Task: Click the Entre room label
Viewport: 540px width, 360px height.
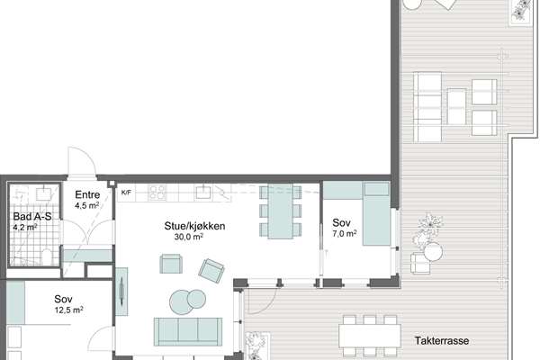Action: point(87,194)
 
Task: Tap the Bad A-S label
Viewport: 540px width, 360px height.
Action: point(32,216)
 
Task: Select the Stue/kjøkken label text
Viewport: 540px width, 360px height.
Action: point(194,226)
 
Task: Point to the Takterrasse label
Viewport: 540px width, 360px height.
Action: point(442,341)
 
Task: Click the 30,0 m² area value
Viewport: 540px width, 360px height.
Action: point(188,237)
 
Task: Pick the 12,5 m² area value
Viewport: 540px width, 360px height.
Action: point(69,310)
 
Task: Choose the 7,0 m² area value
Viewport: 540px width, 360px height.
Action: point(345,234)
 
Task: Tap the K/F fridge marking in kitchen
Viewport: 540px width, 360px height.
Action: point(126,193)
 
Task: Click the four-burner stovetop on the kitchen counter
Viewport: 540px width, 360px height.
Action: point(157,193)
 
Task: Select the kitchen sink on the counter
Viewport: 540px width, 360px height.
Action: point(203,192)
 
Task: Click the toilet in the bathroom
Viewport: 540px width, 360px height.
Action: point(46,256)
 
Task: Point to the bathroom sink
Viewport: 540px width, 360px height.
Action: point(43,193)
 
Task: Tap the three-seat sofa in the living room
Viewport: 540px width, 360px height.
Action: point(188,331)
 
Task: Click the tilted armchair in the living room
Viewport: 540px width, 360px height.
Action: point(211,271)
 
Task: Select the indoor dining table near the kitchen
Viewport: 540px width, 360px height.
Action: point(280,211)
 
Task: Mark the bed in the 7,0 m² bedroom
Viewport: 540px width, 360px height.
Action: point(376,213)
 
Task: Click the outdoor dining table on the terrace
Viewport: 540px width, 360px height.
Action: point(370,336)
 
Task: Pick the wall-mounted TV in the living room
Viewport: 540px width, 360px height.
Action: point(121,292)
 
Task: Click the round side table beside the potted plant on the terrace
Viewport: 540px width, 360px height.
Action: point(433,252)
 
